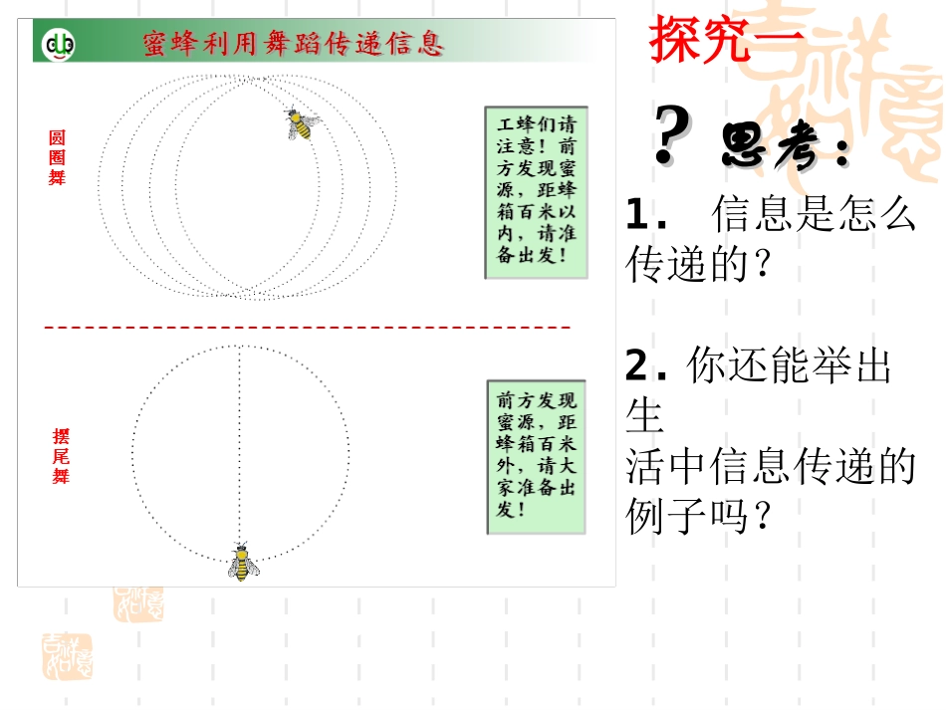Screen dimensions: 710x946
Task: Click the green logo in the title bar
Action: (58, 44)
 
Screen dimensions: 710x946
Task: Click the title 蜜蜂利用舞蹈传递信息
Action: (294, 44)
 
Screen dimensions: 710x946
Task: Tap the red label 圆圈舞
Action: (57, 158)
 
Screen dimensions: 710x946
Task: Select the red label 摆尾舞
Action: (61, 456)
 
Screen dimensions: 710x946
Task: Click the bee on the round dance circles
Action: (302, 123)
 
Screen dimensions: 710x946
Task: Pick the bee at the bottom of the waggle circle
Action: (241, 563)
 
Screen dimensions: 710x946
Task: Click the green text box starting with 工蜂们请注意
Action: (536, 192)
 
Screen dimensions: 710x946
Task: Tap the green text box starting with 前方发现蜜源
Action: (537, 456)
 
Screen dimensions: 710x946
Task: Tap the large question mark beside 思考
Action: (673, 137)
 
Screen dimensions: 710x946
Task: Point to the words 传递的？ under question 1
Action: (700, 263)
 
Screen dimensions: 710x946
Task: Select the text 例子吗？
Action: (700, 515)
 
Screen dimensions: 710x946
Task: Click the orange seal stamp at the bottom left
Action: (67, 656)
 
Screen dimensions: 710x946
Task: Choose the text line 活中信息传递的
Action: (770, 466)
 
